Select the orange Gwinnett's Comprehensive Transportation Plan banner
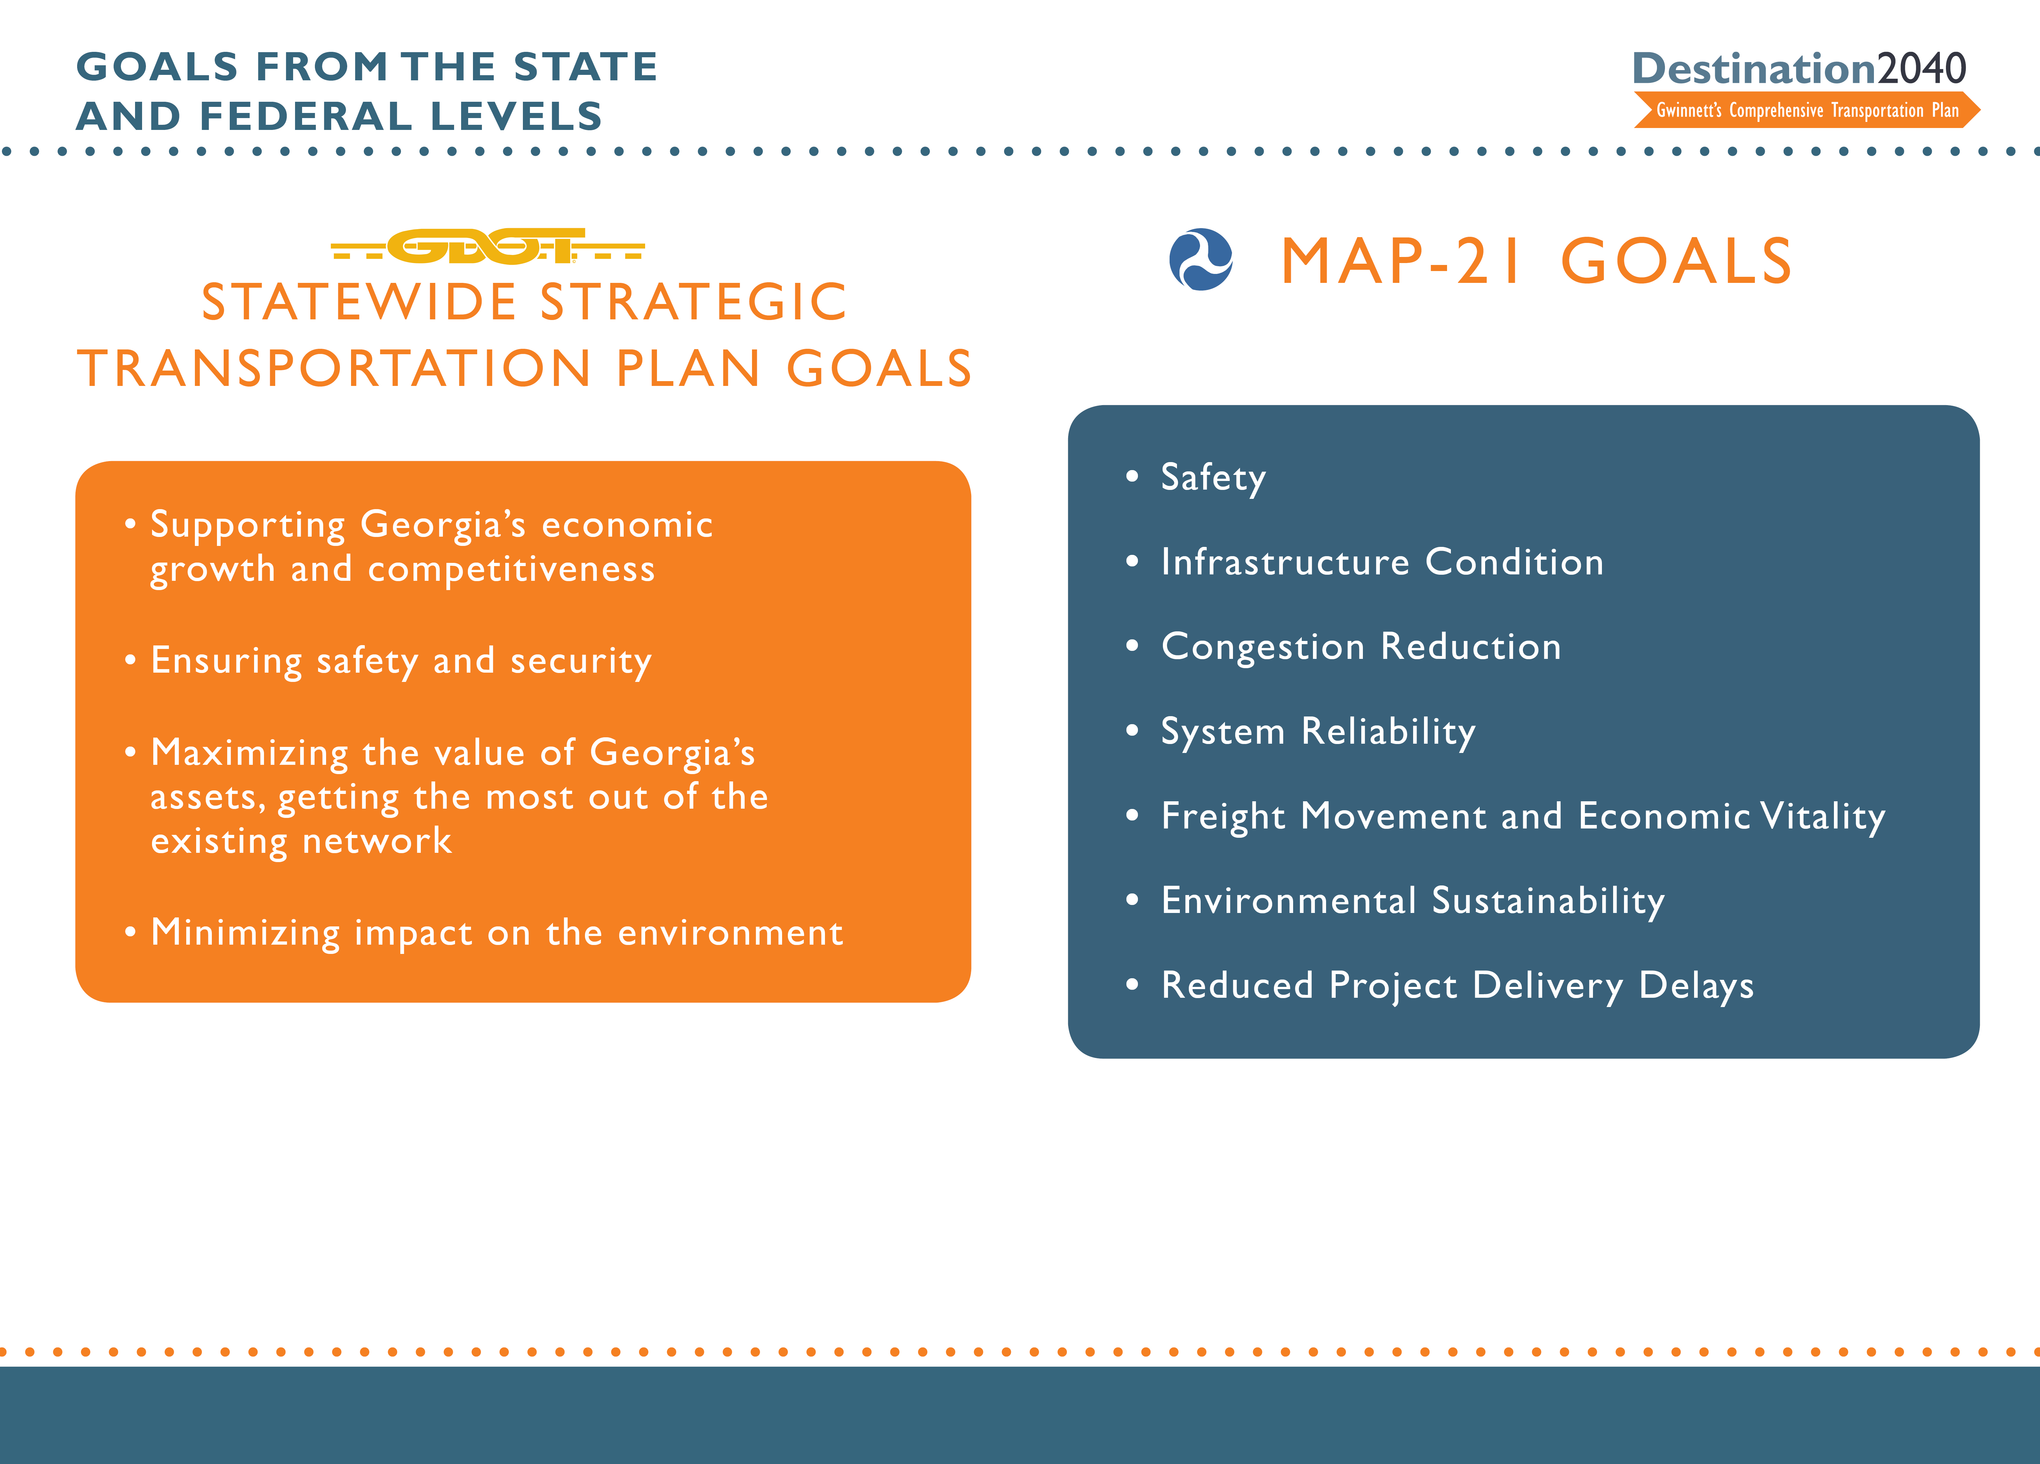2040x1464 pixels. coord(1806,111)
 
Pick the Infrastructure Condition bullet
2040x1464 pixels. coord(1381,562)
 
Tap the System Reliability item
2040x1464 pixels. coord(1318,731)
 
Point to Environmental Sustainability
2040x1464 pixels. coord(1412,900)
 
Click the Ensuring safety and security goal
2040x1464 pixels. coord(400,661)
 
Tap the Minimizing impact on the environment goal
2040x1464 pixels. coord(497,932)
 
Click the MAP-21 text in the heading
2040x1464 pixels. coord(1400,262)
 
